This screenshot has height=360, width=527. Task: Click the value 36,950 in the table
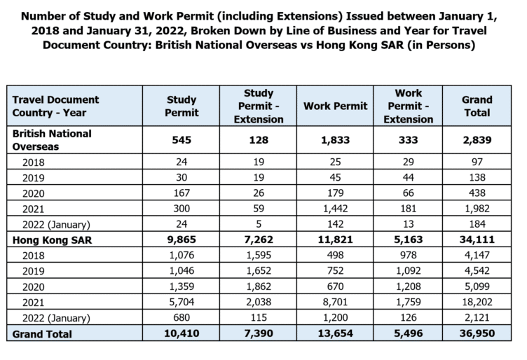[477, 334]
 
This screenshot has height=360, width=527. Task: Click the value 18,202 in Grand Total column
[477, 303]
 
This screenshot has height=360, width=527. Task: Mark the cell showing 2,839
[477, 139]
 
